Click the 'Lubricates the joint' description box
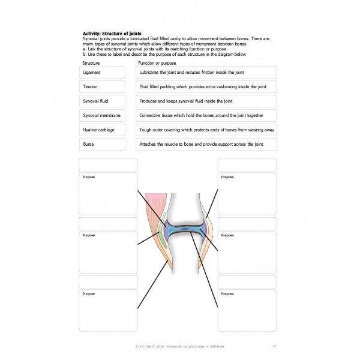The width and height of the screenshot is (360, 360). point(206,72)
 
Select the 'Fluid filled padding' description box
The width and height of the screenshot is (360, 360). point(206,86)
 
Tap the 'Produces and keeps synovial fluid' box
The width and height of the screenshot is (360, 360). point(206,101)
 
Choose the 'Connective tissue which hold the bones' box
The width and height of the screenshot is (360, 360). point(206,115)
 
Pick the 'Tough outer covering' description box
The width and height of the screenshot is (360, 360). point(206,130)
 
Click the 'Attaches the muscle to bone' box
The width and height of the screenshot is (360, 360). point(206,144)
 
